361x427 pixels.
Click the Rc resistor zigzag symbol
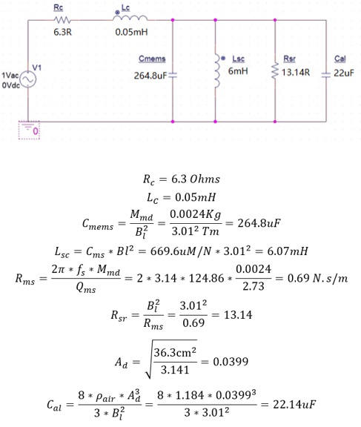[x=62, y=20]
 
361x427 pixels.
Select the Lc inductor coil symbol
[x=130, y=18]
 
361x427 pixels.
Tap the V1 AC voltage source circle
[x=28, y=79]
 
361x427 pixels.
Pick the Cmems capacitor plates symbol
[x=173, y=76]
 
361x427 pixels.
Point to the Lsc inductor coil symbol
[x=216, y=71]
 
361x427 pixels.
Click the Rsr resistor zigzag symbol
[x=275, y=71]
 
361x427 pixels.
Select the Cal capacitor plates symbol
[x=326, y=75]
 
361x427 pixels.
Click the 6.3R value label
[x=62, y=32]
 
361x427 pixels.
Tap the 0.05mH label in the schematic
[x=131, y=32]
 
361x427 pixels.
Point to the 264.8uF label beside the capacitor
[x=150, y=76]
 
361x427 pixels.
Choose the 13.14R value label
[x=296, y=73]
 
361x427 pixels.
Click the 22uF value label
[x=344, y=73]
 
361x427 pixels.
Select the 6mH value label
[x=238, y=71]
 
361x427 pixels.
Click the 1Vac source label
[x=10, y=75]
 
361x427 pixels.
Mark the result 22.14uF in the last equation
[x=294, y=404]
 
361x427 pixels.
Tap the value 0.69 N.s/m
[x=317, y=278]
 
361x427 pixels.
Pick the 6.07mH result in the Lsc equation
[x=288, y=251]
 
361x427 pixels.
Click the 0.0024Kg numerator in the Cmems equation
[x=196, y=215]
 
